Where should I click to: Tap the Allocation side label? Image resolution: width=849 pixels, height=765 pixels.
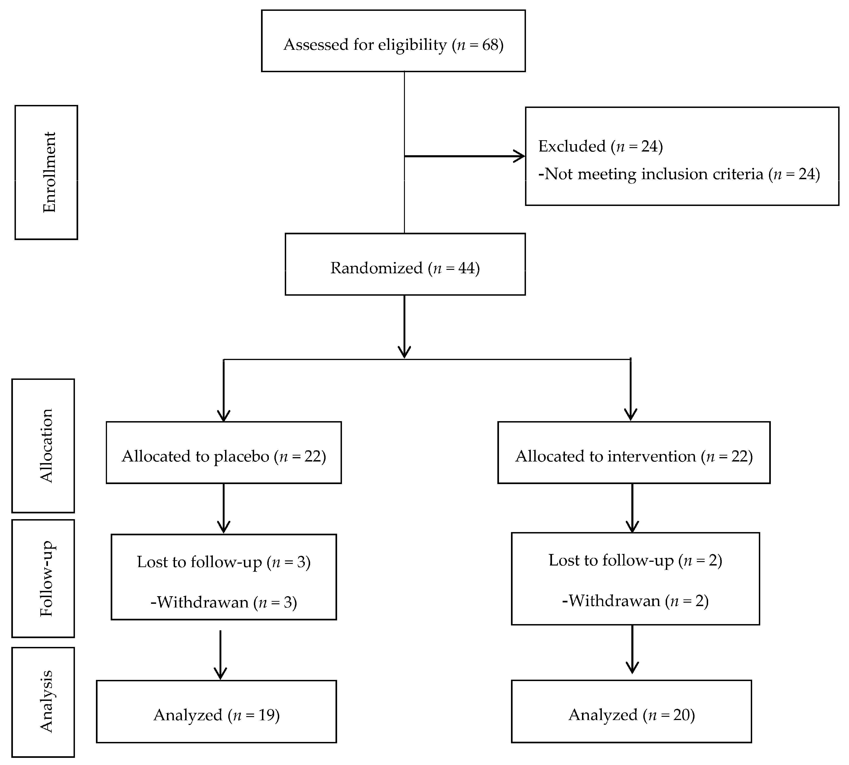(46, 446)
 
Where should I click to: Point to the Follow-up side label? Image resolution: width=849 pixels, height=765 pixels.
(46, 579)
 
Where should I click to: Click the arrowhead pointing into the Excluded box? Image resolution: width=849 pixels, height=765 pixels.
(520, 156)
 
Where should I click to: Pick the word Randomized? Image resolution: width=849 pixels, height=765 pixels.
(376, 268)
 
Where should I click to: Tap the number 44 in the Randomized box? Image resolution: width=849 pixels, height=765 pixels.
(466, 268)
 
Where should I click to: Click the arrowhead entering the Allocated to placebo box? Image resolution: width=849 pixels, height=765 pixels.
(224, 416)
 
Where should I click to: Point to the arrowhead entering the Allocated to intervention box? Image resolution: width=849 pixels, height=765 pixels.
(630, 415)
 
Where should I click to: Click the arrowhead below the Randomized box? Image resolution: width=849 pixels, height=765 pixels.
(404, 352)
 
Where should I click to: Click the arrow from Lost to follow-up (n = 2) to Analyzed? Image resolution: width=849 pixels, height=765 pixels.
(632, 649)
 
